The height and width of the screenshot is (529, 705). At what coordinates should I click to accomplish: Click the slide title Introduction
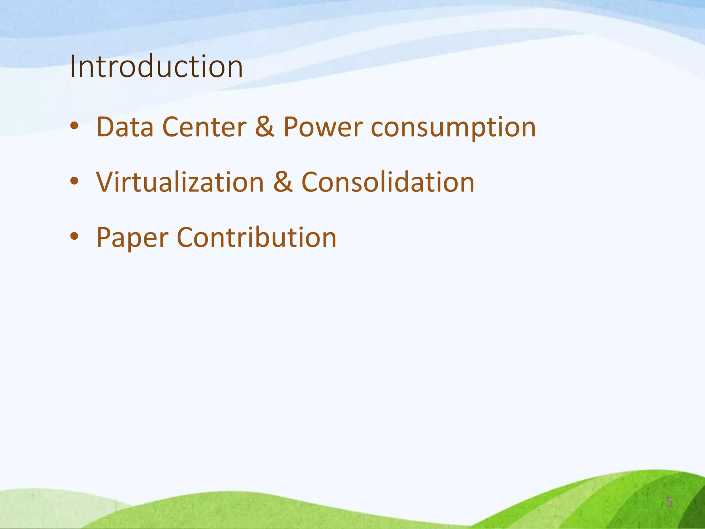click(x=156, y=66)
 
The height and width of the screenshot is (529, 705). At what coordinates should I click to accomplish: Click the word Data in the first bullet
click(x=125, y=127)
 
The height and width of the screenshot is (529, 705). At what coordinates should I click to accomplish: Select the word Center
click(x=204, y=127)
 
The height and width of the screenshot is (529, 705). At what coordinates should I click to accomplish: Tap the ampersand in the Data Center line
click(x=265, y=126)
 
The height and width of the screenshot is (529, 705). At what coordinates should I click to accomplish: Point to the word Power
click(x=323, y=127)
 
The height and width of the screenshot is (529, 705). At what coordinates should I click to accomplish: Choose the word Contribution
click(x=256, y=237)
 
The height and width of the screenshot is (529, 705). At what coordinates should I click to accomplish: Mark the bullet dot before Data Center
click(x=74, y=127)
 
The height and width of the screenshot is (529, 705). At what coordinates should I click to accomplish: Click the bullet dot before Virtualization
click(x=74, y=181)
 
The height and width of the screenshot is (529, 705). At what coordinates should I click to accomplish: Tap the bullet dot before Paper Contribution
click(x=74, y=237)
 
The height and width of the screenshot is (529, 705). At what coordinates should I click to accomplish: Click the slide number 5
click(x=669, y=502)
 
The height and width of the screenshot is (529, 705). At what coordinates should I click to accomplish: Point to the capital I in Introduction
click(x=72, y=66)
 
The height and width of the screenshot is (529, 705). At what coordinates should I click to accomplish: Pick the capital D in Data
click(x=106, y=127)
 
